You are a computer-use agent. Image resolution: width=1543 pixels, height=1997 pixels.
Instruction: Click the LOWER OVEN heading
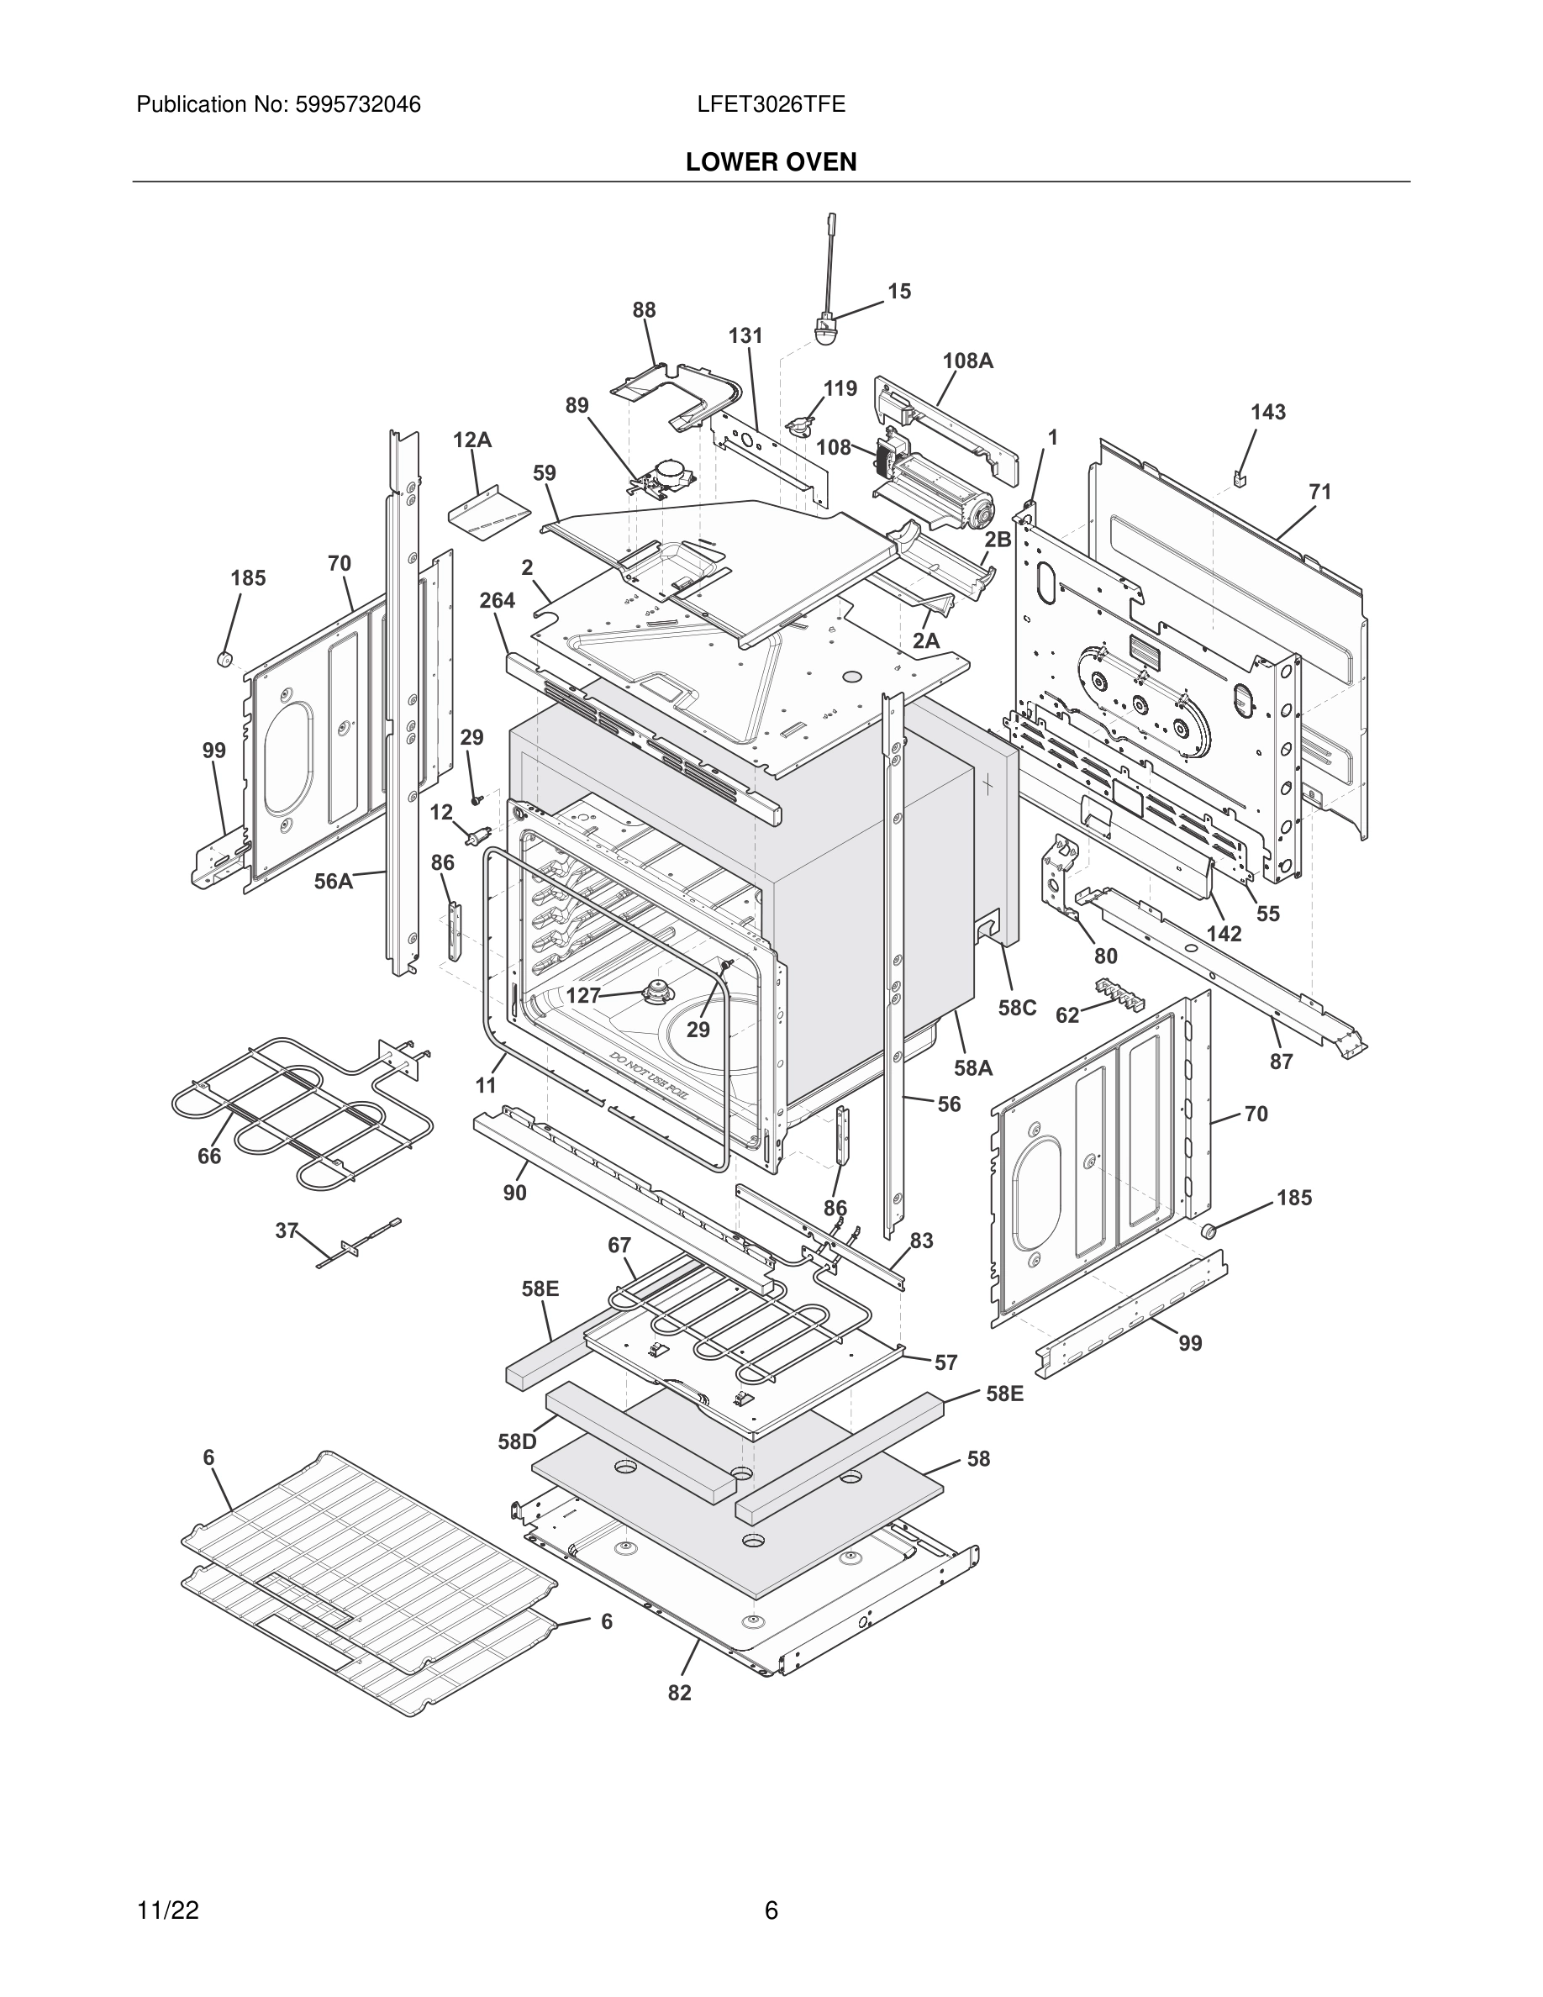(x=771, y=162)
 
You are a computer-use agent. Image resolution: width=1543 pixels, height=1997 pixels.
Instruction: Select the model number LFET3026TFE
(x=771, y=104)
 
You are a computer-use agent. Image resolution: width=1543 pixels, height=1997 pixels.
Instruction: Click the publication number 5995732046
(x=357, y=104)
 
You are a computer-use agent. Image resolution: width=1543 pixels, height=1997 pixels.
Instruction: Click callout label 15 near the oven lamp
(x=899, y=291)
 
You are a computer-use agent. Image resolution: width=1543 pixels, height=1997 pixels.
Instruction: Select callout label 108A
(x=968, y=361)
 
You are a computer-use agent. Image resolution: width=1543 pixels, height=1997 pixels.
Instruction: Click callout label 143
(x=1268, y=413)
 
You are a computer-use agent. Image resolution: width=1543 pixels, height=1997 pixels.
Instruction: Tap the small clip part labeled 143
(x=1240, y=477)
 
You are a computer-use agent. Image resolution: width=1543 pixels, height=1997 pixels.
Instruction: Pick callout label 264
(x=498, y=601)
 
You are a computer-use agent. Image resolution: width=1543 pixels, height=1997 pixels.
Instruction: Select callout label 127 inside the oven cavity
(x=583, y=996)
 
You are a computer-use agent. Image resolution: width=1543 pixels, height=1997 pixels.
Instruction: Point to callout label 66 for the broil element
(x=209, y=1156)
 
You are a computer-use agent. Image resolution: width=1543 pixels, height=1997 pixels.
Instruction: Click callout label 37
(x=287, y=1230)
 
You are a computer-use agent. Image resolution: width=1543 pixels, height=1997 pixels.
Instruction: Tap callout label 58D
(x=517, y=1442)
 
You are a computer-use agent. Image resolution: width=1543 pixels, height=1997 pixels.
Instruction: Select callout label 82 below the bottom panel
(x=679, y=1693)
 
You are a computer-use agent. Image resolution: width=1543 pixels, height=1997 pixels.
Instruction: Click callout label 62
(x=1067, y=1015)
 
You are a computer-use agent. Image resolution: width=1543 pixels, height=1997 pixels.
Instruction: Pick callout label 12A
(x=471, y=440)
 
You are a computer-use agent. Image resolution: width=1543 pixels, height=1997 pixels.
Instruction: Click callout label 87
(x=1281, y=1061)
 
